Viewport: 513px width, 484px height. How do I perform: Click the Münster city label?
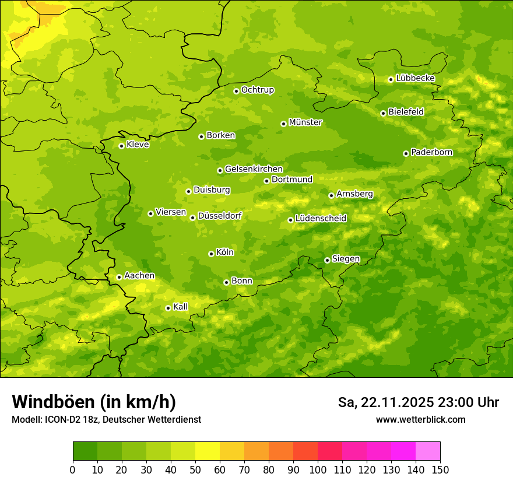[305, 122]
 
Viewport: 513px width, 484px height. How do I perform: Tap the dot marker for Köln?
[211, 254]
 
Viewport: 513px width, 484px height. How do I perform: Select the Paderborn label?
[432, 152]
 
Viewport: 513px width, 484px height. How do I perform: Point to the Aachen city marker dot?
[119, 277]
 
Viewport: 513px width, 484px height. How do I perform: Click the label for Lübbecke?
[415, 78]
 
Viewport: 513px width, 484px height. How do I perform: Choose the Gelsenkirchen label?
[254, 169]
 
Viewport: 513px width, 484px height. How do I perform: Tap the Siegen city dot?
[327, 260]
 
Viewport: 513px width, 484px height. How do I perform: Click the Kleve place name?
[138, 145]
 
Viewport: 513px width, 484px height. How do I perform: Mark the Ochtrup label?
[258, 90]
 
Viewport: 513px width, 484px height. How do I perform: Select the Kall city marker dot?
[168, 308]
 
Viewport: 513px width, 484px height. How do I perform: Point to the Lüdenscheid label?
[321, 219]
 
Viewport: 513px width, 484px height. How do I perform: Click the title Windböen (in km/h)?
[94, 402]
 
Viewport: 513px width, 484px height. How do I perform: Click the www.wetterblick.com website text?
[420, 419]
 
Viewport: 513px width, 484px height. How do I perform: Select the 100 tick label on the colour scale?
[318, 470]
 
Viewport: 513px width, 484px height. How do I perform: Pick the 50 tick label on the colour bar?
[195, 470]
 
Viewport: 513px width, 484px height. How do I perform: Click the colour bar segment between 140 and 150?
[428, 451]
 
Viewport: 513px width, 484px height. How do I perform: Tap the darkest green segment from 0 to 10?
[85, 451]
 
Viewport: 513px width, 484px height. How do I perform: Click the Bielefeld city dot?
[383, 113]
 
